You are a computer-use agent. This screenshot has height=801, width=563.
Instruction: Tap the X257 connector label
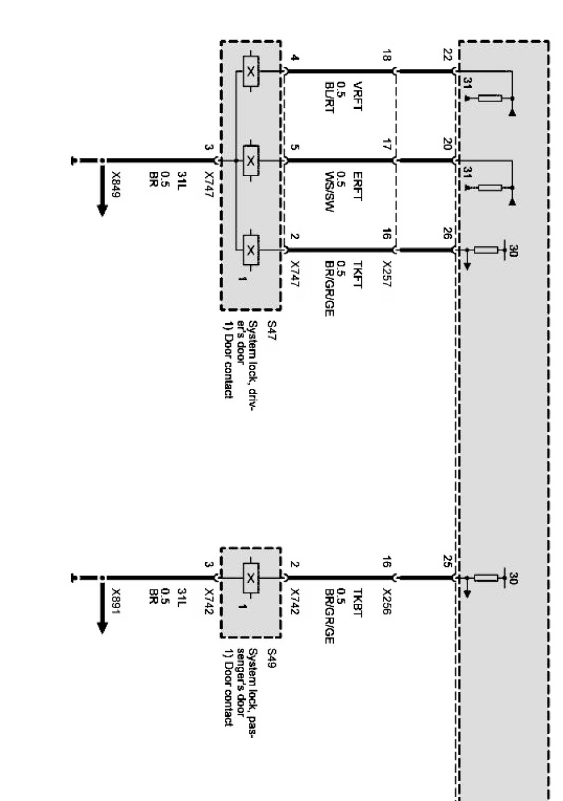click(386, 273)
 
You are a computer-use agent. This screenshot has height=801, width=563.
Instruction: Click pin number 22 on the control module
click(447, 55)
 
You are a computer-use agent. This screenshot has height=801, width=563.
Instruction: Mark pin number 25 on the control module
click(447, 561)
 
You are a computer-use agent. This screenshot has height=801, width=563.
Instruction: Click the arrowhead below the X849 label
click(102, 210)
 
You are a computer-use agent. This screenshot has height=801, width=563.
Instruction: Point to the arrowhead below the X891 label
click(102, 627)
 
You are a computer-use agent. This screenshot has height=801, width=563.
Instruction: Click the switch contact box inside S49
click(251, 578)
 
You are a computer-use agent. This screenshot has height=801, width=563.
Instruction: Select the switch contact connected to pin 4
click(251, 72)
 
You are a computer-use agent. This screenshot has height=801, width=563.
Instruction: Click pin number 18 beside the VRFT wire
click(386, 57)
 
